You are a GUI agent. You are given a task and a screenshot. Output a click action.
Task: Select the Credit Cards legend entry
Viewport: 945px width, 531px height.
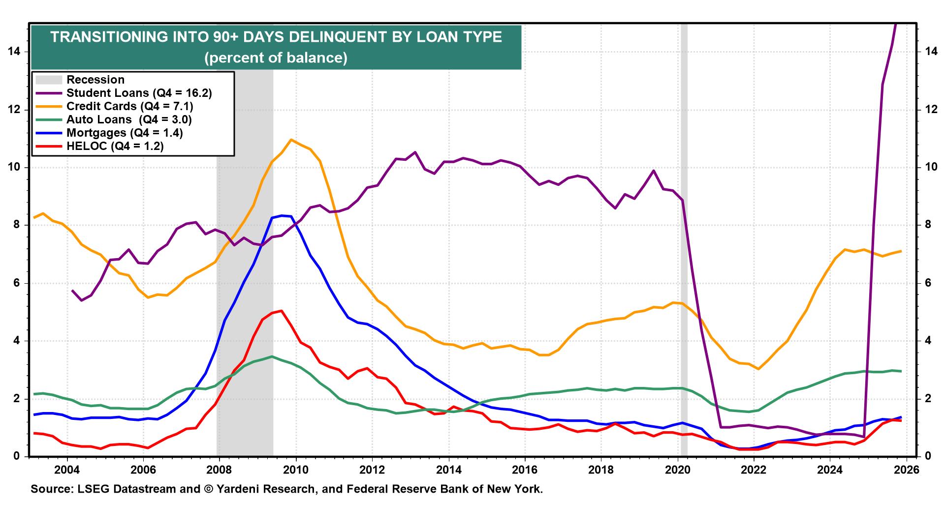(129, 106)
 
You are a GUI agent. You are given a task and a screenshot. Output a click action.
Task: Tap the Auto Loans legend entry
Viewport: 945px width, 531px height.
(128, 119)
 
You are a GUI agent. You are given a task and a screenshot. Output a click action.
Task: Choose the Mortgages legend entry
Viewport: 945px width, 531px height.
(125, 133)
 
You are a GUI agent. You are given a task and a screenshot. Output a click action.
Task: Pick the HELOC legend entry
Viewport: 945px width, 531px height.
(115, 146)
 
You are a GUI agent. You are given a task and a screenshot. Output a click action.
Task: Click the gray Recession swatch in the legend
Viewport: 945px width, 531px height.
(48, 80)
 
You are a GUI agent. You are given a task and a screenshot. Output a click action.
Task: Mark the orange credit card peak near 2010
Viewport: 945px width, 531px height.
(291, 140)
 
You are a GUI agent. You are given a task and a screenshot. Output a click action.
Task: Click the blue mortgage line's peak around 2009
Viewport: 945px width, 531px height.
(282, 215)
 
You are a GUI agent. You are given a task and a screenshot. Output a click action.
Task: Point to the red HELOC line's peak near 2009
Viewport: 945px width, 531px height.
(281, 310)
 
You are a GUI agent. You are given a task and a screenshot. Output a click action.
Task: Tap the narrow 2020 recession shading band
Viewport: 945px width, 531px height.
(684, 246)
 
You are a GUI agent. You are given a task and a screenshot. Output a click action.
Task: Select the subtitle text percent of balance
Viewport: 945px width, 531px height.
(276, 58)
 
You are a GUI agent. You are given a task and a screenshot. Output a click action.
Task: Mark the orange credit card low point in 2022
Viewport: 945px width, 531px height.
(758, 369)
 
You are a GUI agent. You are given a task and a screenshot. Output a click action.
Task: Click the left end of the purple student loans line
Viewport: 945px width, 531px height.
(72, 291)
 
